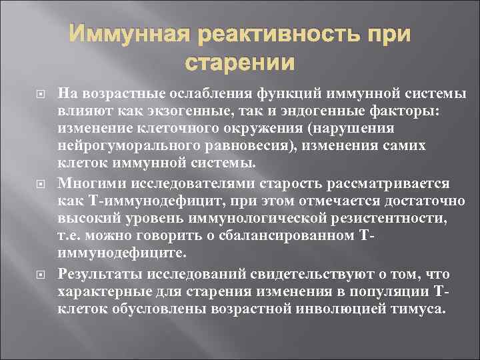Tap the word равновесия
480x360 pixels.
[x=223, y=145]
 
